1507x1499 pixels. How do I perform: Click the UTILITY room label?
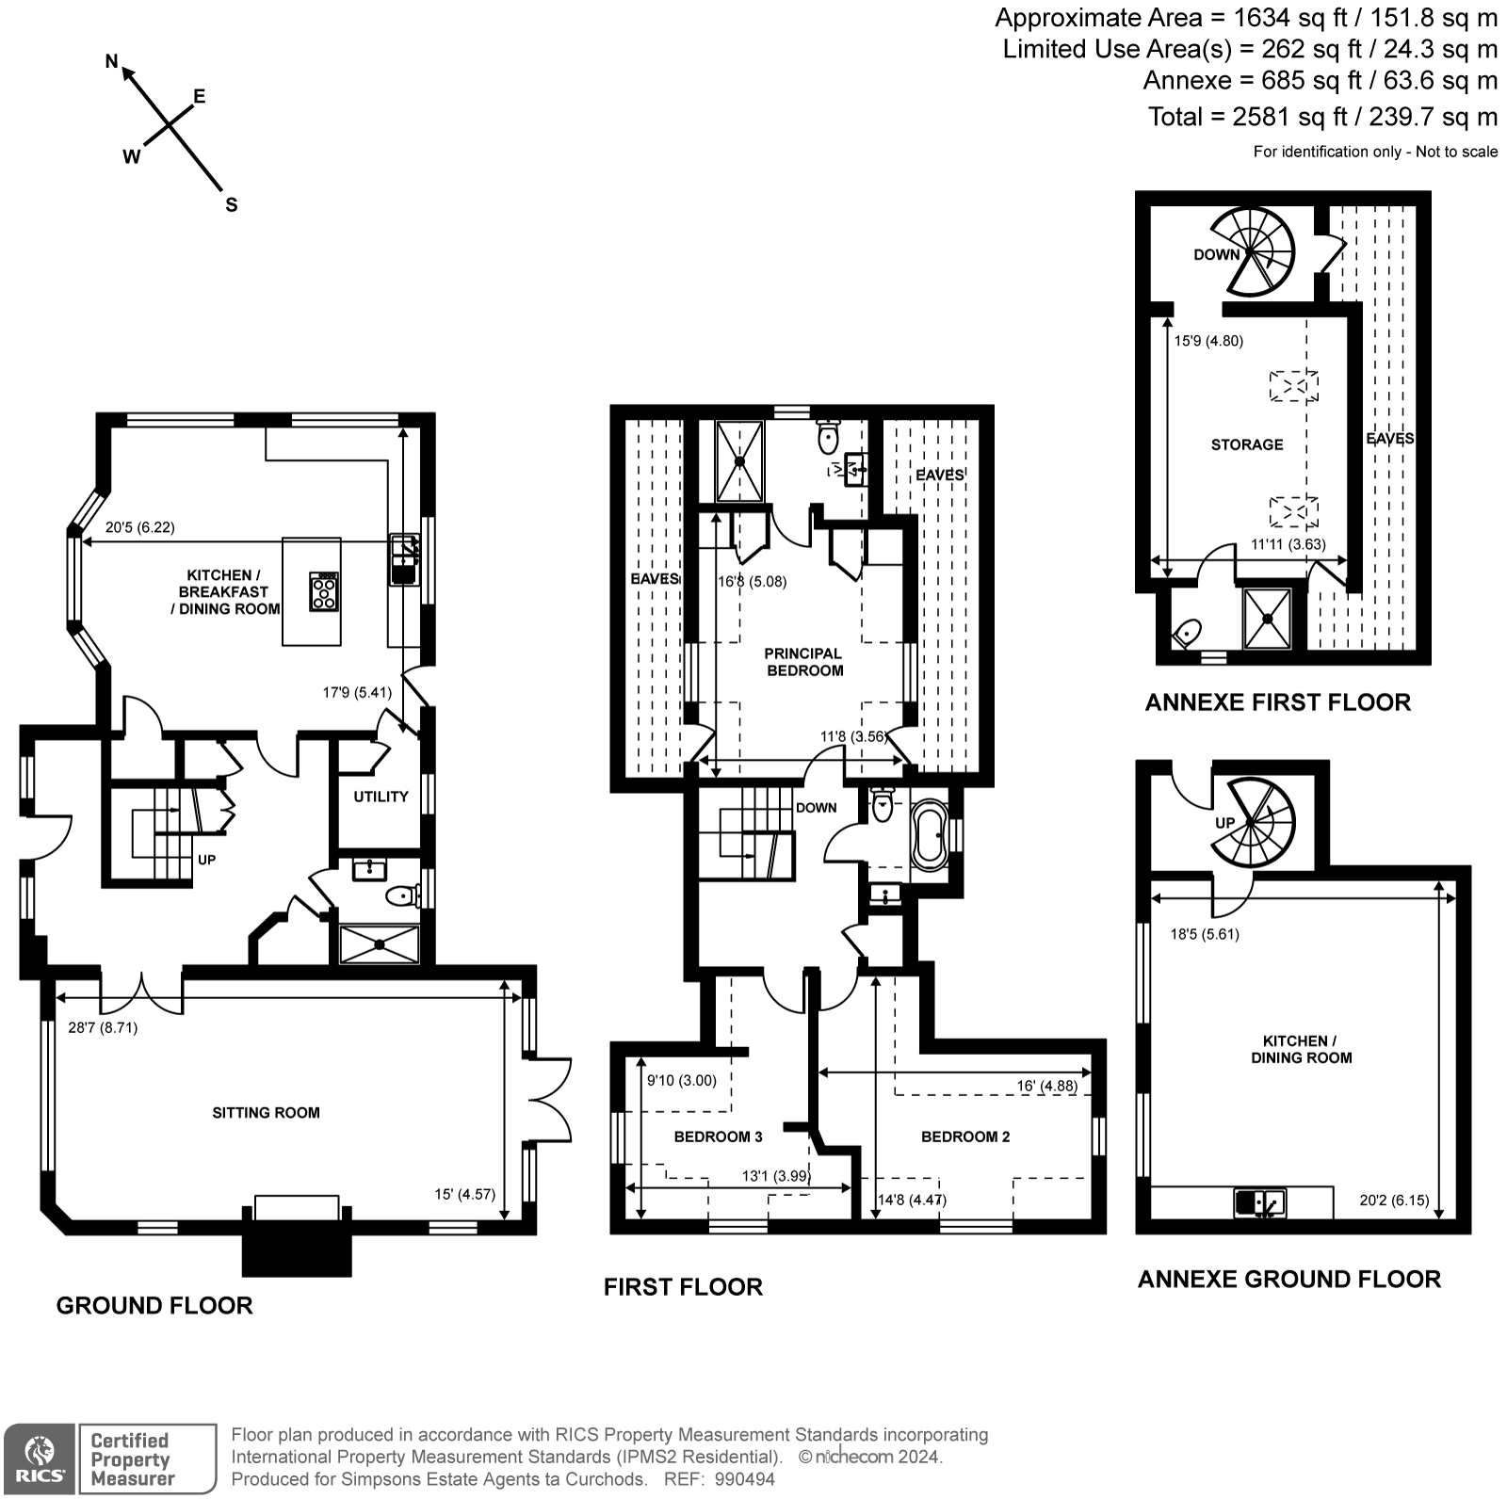[381, 797]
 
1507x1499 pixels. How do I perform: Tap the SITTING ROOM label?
[266, 1113]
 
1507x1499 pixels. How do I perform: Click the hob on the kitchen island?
[324, 592]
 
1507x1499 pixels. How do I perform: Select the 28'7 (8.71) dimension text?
[103, 1027]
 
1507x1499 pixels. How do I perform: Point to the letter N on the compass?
[111, 62]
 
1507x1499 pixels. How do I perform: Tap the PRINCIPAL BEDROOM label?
[803, 662]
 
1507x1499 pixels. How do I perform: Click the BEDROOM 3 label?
[718, 1136]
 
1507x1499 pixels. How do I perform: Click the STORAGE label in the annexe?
[1246, 444]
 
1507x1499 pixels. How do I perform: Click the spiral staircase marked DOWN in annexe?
[1253, 251]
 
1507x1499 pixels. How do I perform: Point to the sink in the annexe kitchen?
[1259, 1202]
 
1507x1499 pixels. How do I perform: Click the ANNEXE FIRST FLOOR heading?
[1277, 702]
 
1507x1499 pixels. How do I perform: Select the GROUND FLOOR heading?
[154, 1306]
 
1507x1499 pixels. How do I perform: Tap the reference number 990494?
[745, 1479]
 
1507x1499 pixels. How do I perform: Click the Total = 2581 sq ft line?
[1321, 117]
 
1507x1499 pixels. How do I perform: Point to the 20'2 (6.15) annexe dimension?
[1394, 1201]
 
